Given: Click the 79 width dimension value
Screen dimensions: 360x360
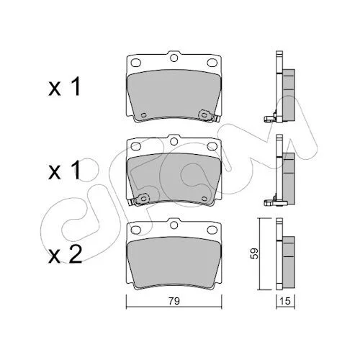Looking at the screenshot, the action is click(174, 301).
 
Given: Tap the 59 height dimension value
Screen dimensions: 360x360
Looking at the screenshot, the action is click(255, 253).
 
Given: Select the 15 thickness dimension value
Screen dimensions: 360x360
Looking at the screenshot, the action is click(285, 301).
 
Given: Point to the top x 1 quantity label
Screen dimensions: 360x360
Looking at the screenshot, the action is click(64, 86).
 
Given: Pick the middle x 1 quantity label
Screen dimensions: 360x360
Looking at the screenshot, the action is click(64, 170).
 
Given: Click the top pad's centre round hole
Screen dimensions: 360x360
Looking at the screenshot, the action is click(174, 58).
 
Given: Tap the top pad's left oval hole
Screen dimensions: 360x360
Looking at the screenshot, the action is click(136, 63).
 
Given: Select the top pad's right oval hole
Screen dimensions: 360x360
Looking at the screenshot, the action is click(212, 63).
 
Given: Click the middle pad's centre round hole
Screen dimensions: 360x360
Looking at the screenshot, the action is click(174, 142).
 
